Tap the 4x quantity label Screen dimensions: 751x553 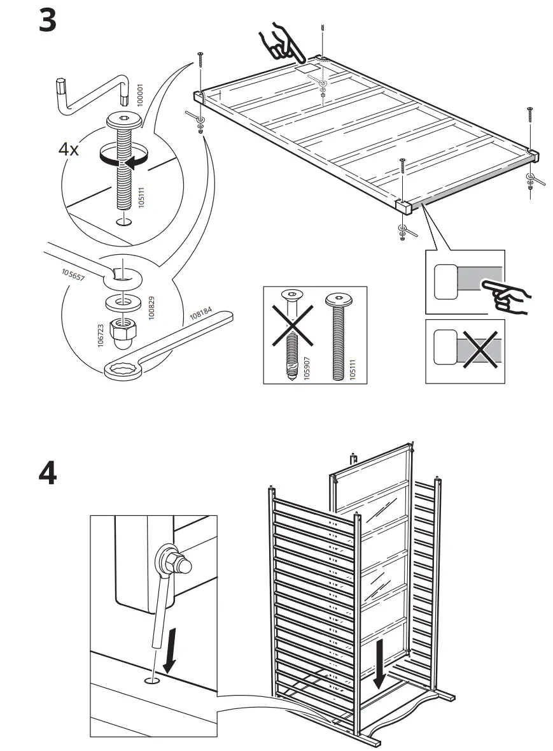pyautogui.click(x=69, y=150)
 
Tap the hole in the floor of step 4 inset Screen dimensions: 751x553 pyautogui.click(x=153, y=681)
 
